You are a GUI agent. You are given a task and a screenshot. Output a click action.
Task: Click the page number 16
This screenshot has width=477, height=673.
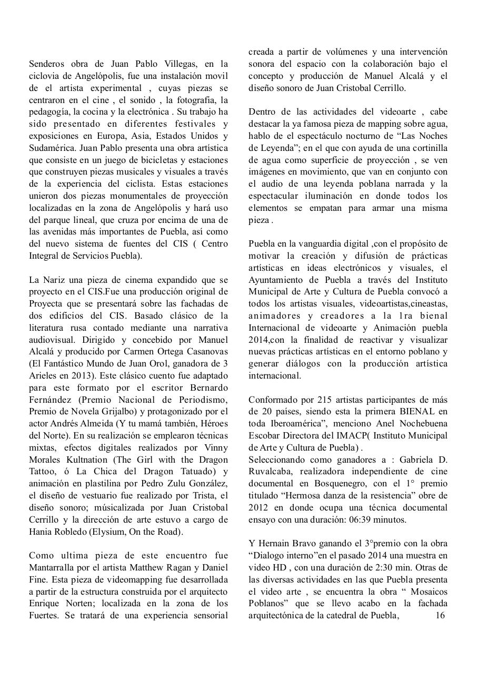[441, 616]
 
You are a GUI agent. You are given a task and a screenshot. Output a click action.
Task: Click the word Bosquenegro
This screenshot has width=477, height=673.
[332, 484]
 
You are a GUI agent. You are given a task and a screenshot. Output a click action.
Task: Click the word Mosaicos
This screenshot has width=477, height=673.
[426, 592]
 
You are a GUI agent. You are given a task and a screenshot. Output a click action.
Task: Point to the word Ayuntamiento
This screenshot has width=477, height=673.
[277, 280]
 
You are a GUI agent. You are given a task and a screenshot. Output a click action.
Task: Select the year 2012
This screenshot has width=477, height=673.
[259, 507]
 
